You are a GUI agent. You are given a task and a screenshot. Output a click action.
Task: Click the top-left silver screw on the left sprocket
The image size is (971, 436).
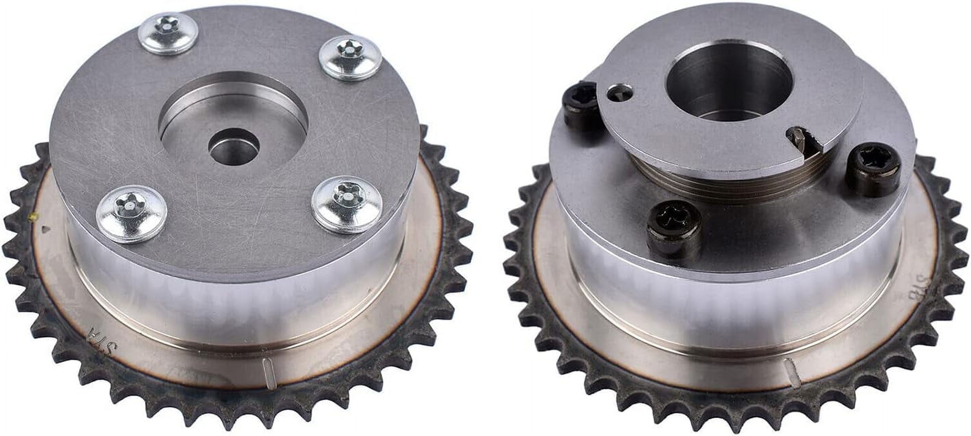167,34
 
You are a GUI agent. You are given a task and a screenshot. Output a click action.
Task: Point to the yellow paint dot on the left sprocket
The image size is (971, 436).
34,217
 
